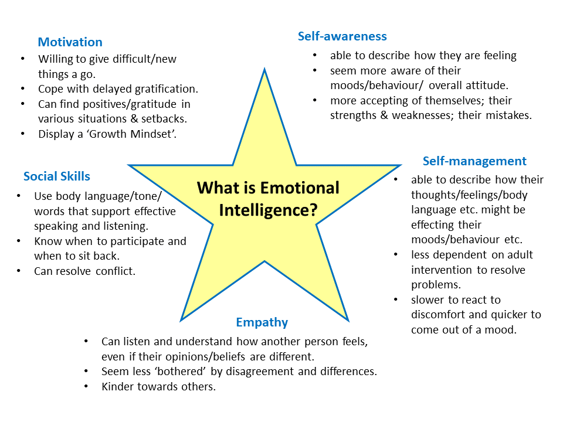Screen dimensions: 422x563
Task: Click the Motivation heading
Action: (x=70, y=42)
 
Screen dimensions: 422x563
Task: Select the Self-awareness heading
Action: (x=342, y=36)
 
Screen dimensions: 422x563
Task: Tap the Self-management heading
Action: (x=474, y=161)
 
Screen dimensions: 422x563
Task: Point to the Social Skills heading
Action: (x=57, y=176)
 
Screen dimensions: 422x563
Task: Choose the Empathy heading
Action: (x=262, y=322)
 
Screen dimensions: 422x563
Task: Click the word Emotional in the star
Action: (x=300, y=188)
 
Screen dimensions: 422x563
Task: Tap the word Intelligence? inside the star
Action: (x=268, y=210)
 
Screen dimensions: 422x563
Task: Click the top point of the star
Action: (x=264, y=70)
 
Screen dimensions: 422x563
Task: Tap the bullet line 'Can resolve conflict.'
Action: (x=84, y=271)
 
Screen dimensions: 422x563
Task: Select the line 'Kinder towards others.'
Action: (x=158, y=387)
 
